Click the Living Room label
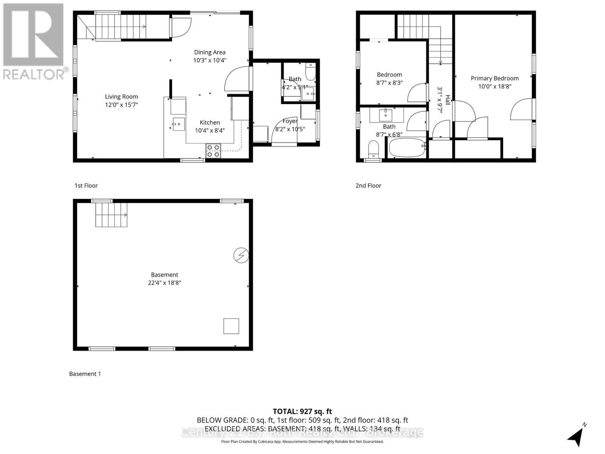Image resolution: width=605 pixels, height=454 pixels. (121, 96)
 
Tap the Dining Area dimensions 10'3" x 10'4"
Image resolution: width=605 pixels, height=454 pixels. (210, 60)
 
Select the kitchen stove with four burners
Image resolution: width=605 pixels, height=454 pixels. (213, 151)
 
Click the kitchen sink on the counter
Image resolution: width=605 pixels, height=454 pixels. (178, 124)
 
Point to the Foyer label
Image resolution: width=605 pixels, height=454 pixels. (290, 121)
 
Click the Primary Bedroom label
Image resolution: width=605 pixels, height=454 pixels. (495, 78)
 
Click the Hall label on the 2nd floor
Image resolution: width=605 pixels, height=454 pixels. (448, 100)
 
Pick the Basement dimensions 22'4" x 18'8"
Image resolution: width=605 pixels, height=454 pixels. (164, 283)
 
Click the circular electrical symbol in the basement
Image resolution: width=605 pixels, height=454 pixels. (241, 255)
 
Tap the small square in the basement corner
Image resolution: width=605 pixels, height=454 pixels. (231, 326)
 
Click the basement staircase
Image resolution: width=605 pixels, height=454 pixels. (111, 215)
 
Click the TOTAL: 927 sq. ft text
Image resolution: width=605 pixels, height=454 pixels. (302, 411)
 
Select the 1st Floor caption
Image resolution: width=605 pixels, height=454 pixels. (86, 185)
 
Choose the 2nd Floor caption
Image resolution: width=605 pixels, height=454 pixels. (368, 185)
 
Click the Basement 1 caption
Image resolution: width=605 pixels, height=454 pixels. (85, 374)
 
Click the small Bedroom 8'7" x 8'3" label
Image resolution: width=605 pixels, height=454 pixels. (389, 75)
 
